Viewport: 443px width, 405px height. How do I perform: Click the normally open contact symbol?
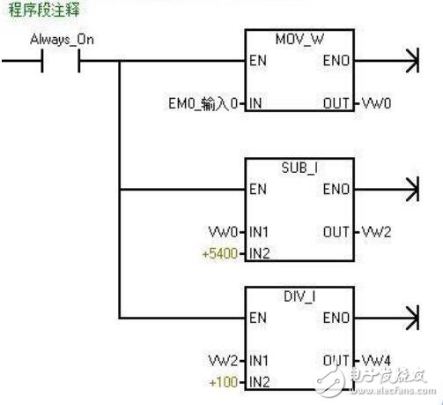pyautogui.click(x=61, y=62)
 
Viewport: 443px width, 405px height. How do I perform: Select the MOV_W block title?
pyautogui.click(x=299, y=41)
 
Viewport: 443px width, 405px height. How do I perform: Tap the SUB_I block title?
pyautogui.click(x=300, y=167)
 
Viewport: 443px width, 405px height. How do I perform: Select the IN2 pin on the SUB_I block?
pyautogui.click(x=258, y=252)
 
